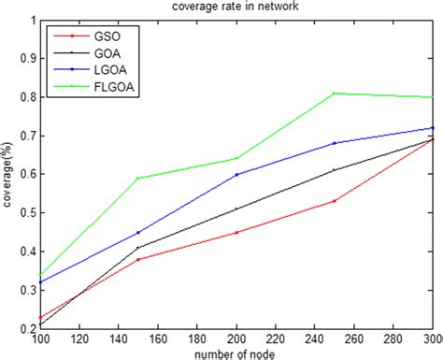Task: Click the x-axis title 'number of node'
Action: (x=236, y=353)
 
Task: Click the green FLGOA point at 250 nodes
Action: (x=335, y=93)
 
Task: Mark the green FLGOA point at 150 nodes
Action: (x=138, y=178)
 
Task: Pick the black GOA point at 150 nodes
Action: (x=138, y=248)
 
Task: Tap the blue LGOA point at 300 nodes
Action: (x=432, y=127)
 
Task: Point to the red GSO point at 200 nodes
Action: (x=236, y=232)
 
